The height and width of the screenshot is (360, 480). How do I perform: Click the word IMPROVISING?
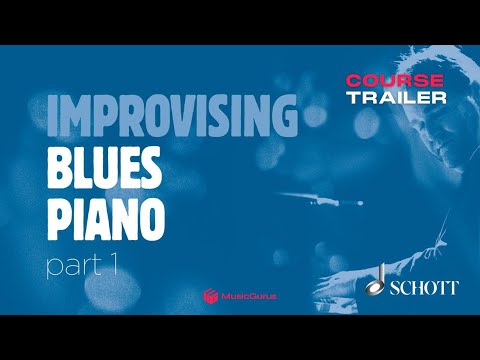[172, 118]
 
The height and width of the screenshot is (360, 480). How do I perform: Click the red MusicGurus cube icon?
[211, 295]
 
